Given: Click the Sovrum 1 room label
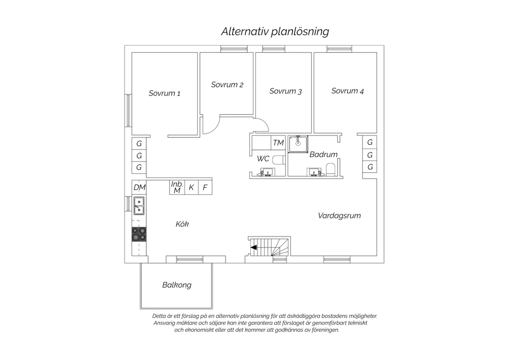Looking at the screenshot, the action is pos(164,93).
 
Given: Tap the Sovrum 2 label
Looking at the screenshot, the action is pos(227,85).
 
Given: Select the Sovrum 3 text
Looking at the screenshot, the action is pos(285,91).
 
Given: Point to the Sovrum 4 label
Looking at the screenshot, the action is pos(347,91).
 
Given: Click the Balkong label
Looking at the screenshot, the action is pos(177,285).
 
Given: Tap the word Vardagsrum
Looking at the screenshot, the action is pos(339,216).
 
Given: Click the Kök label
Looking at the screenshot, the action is pos(182,224).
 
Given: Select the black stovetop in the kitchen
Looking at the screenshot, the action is pos(139,234).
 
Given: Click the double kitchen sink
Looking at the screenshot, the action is pos(139,206).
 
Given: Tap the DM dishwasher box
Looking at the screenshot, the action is pos(139,187).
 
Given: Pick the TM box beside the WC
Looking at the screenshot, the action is pos(278,143).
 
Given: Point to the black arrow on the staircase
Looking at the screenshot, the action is pos(253,247).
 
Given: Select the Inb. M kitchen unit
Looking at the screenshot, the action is pos(177,187).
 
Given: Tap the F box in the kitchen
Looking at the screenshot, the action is pos(205,187).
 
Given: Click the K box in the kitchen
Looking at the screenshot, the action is pos(191,187).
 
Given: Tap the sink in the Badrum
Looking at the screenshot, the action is pos(314,172).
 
